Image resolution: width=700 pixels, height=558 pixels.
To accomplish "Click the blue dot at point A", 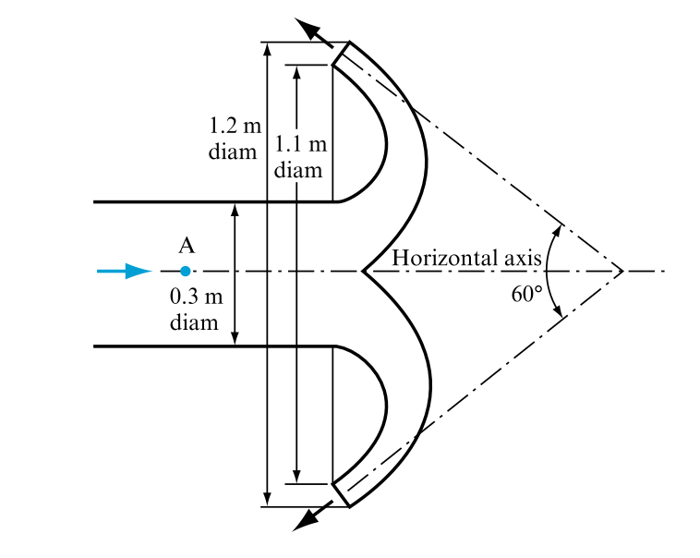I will click(x=186, y=271).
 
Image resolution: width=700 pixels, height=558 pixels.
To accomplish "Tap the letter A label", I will click(x=186, y=246).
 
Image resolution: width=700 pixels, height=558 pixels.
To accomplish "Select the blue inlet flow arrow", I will click(x=125, y=271).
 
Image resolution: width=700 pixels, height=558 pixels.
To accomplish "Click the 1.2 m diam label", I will click(x=232, y=139).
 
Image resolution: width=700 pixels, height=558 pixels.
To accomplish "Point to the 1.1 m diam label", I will click(x=300, y=157).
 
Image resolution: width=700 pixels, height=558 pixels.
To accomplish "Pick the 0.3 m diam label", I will click(x=196, y=309).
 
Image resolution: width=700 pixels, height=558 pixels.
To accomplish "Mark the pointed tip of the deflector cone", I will click(x=363, y=272).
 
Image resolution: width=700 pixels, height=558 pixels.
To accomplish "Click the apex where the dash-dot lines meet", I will click(x=622, y=272).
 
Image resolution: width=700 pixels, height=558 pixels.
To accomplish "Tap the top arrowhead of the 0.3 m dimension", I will click(x=235, y=209).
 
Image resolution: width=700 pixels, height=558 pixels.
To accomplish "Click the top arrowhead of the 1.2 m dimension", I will click(x=267, y=49).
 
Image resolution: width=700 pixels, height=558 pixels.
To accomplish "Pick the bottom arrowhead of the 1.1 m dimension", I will click(x=296, y=476).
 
